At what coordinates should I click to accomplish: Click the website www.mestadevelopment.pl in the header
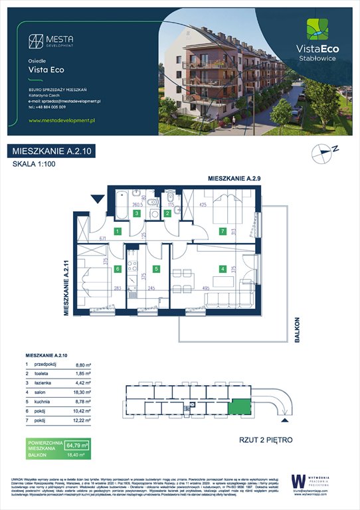click(63, 120)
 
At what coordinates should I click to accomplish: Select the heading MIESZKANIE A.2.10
click(52, 151)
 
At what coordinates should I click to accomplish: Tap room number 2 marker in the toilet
click(167, 213)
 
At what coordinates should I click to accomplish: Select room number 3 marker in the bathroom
click(135, 213)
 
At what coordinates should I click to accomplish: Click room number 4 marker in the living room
click(224, 269)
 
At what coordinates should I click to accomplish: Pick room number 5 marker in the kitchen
click(156, 269)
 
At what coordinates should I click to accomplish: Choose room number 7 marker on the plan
click(223, 232)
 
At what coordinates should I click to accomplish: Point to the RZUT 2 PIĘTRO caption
click(266, 440)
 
